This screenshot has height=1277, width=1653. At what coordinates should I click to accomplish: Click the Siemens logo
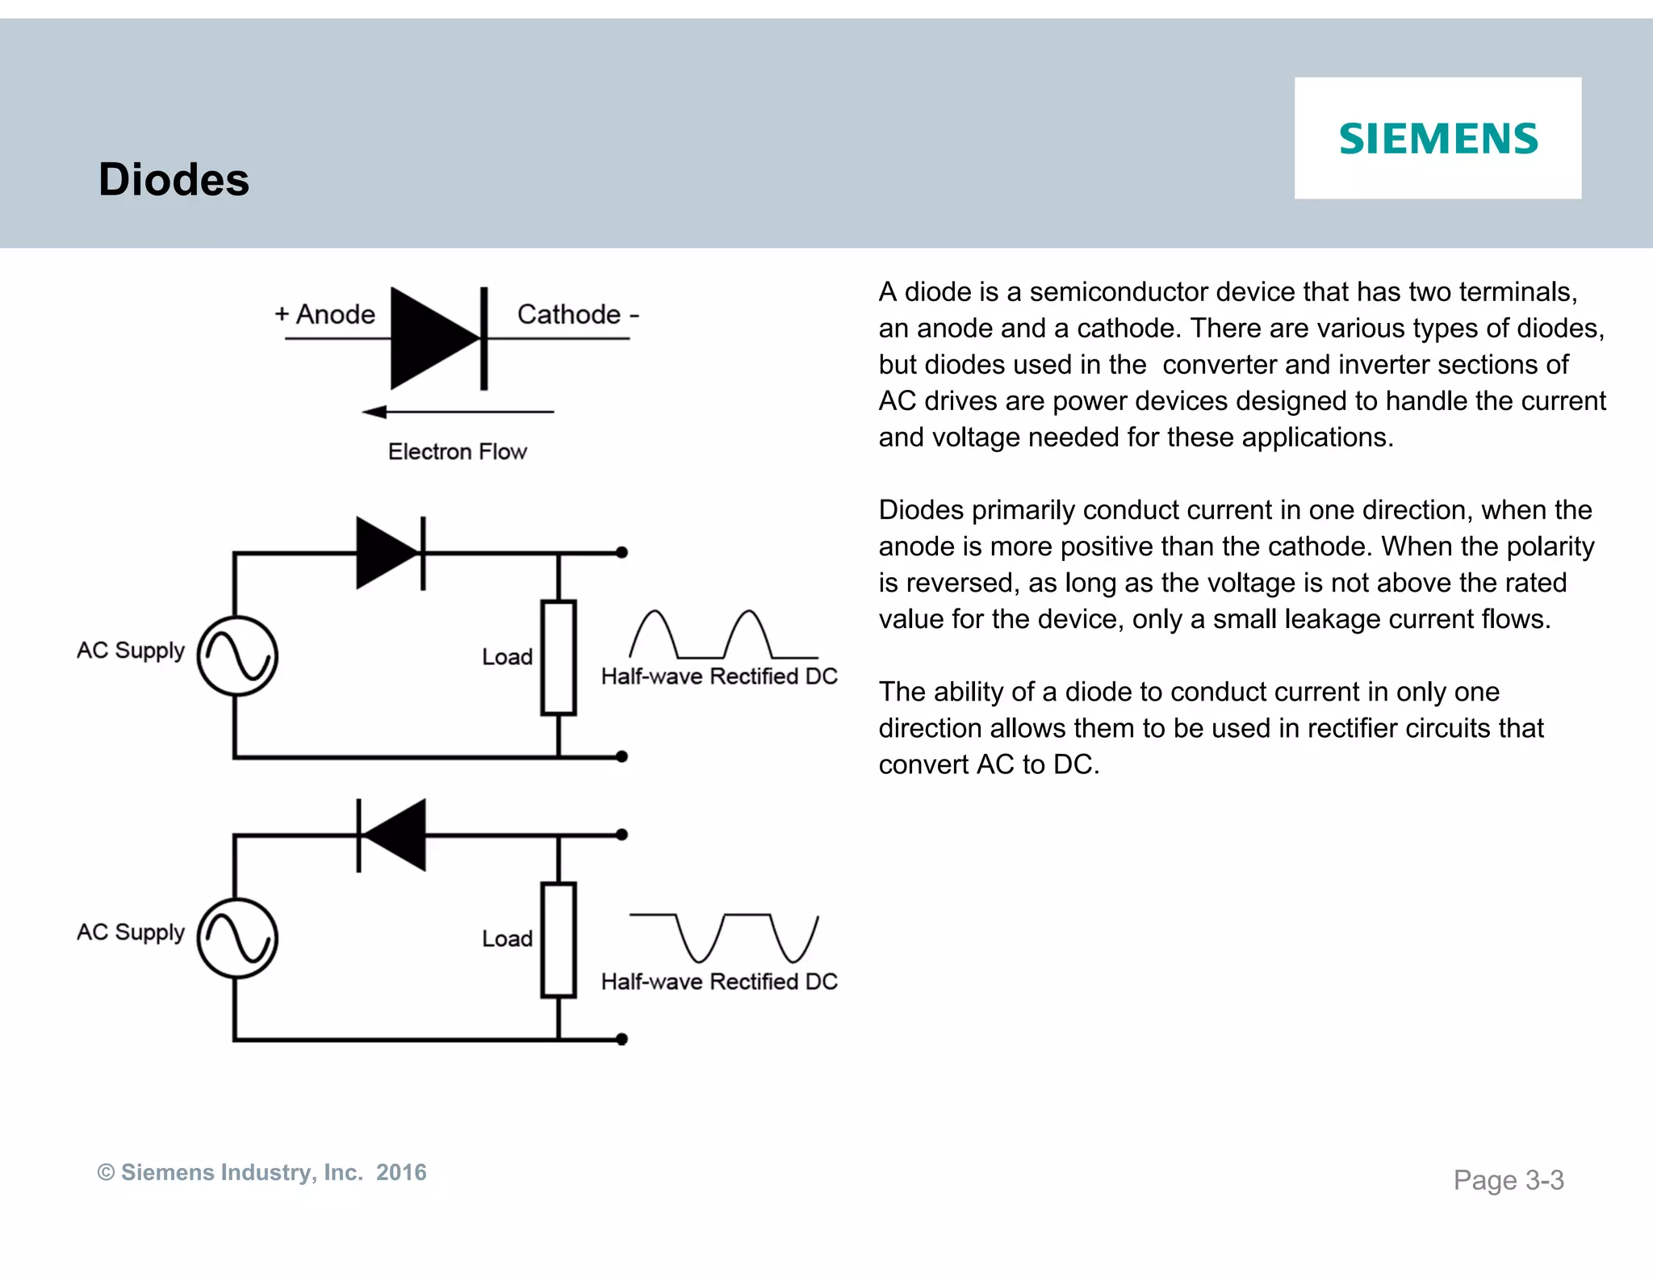(x=1438, y=139)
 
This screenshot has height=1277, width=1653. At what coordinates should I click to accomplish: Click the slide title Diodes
(x=174, y=179)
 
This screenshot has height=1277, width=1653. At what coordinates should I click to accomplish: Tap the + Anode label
(x=324, y=314)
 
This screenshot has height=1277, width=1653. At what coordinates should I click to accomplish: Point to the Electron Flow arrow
(x=458, y=412)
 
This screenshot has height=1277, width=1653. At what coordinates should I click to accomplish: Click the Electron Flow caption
(x=457, y=451)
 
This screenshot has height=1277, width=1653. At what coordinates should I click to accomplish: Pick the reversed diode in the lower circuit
(x=392, y=835)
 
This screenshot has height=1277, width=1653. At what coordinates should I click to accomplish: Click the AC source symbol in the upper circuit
(x=237, y=655)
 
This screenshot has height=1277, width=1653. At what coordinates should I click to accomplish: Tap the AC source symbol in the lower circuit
(x=237, y=938)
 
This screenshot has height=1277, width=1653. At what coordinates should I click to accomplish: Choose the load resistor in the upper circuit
(x=559, y=657)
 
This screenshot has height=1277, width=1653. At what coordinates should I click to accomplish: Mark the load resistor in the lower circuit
(x=559, y=940)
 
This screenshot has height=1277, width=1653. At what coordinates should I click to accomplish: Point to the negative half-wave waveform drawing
(x=723, y=937)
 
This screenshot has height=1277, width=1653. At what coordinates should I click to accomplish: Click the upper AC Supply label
(x=131, y=651)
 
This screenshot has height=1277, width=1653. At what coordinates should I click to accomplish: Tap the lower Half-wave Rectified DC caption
(x=719, y=982)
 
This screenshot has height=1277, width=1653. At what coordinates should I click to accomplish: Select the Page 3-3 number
(x=1508, y=1180)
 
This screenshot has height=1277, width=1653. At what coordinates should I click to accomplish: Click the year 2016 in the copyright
(x=401, y=1172)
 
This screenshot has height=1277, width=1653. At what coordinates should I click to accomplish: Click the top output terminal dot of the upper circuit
(x=621, y=553)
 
